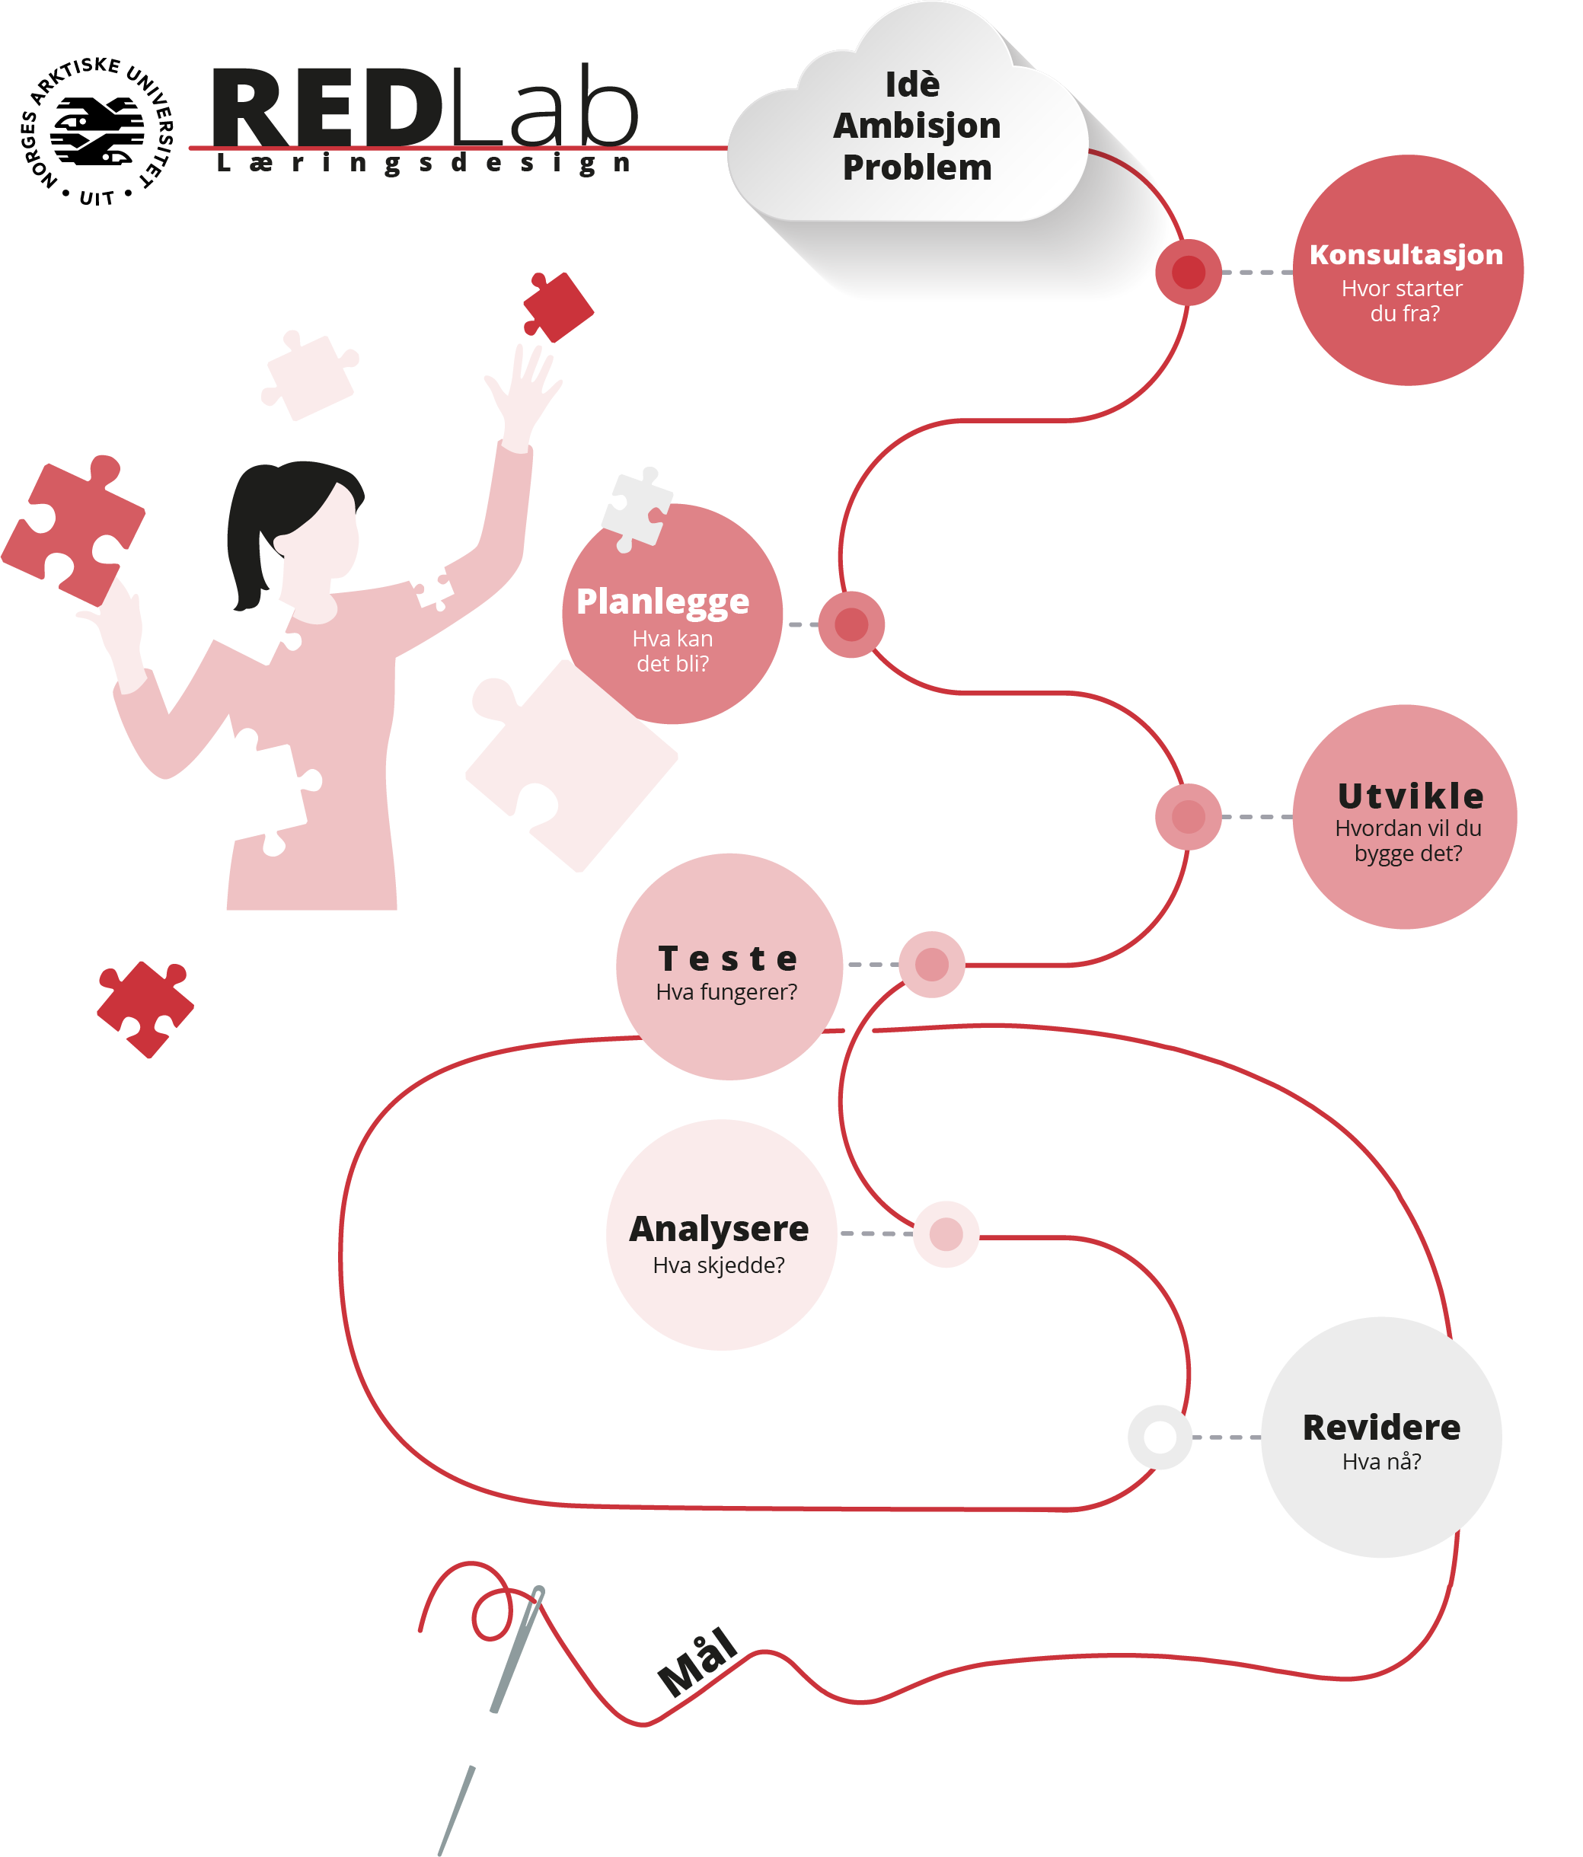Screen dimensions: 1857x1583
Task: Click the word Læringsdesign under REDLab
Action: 423,163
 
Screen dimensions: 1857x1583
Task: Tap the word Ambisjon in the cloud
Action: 916,126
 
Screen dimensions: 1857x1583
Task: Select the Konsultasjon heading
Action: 1405,254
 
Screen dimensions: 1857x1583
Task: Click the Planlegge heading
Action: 662,601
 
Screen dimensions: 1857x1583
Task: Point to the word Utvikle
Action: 1409,795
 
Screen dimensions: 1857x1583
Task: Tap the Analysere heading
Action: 718,1228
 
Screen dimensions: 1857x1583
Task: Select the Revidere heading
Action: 1380,1427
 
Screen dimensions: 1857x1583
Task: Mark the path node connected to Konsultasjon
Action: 1188,272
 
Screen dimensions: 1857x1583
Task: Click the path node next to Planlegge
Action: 851,624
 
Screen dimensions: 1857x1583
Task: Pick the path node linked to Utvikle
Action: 1188,816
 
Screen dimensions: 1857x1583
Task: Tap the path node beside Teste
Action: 931,965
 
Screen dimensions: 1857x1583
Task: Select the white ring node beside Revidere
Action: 1159,1437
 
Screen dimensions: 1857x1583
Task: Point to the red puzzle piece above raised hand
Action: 557,308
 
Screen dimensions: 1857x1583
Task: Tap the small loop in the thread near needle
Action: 491,1615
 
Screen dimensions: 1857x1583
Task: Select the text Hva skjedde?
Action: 718,1265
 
